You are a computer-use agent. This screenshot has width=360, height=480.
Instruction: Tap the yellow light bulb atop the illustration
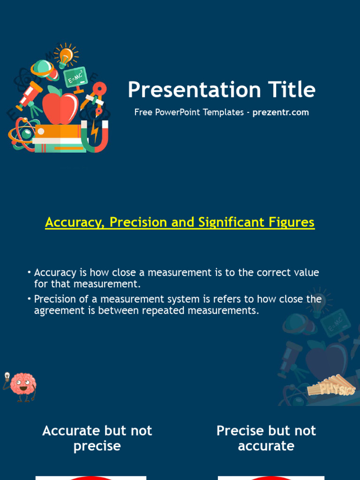(66, 55)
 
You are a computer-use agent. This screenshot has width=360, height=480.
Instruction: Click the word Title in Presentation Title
(292, 90)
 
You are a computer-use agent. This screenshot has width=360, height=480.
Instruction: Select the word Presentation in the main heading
(195, 90)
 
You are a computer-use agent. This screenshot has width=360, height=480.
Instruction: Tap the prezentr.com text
(280, 112)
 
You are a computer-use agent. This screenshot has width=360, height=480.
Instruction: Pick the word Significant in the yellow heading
(231, 222)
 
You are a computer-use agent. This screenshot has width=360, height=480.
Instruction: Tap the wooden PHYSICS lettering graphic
(331, 386)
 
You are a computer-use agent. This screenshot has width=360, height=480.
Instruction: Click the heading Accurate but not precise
(97, 438)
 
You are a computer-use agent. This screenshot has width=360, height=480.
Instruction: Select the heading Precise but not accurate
(266, 438)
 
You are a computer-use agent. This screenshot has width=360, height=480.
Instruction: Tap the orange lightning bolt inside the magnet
(95, 132)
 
